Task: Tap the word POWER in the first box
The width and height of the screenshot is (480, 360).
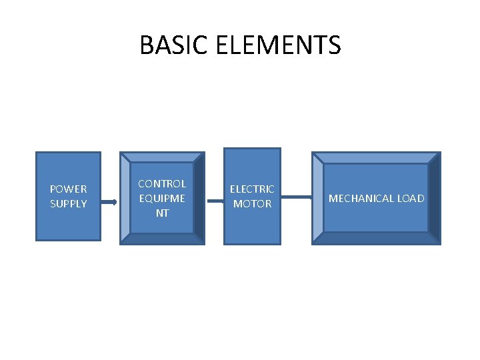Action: [x=68, y=189]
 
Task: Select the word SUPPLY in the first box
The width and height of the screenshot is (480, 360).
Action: [x=68, y=203]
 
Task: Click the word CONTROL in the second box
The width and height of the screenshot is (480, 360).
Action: [x=162, y=183]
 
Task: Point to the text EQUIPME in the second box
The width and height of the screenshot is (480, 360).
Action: [x=162, y=198]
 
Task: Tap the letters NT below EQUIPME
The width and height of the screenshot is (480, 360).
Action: [x=162, y=213]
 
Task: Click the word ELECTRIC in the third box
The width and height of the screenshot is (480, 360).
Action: [x=252, y=189]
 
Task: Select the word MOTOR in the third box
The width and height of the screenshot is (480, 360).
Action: [x=252, y=204]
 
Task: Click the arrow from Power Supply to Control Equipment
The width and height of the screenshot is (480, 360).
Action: [x=109, y=201]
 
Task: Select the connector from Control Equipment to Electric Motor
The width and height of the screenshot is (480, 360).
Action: [x=215, y=197]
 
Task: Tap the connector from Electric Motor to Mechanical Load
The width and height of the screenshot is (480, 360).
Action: [x=296, y=197]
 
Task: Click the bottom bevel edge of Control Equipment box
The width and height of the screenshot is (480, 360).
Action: [x=162, y=239]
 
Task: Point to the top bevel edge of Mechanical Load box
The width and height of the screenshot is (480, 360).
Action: [x=376, y=157]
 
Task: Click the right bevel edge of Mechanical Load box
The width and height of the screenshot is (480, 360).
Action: [x=434, y=198]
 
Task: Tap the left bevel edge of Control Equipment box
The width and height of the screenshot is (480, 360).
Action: [x=125, y=198]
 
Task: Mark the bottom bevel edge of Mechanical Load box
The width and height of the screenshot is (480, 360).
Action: [x=376, y=238]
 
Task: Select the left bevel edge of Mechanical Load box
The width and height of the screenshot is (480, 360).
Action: [x=318, y=198]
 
